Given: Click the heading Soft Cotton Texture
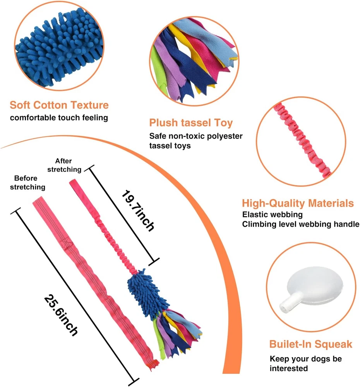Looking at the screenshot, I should coord(59,105).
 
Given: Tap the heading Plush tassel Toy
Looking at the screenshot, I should coord(191,123).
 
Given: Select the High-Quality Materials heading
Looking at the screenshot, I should coord(298,203).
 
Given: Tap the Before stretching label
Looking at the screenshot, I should coord(27,183).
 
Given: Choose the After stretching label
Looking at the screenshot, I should coord(68,165).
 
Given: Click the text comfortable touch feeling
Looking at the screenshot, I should coord(59,117).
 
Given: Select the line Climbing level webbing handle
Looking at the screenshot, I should coord(300,224).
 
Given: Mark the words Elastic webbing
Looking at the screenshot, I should coord(273,214).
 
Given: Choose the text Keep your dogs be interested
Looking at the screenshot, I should coord(306,363).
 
